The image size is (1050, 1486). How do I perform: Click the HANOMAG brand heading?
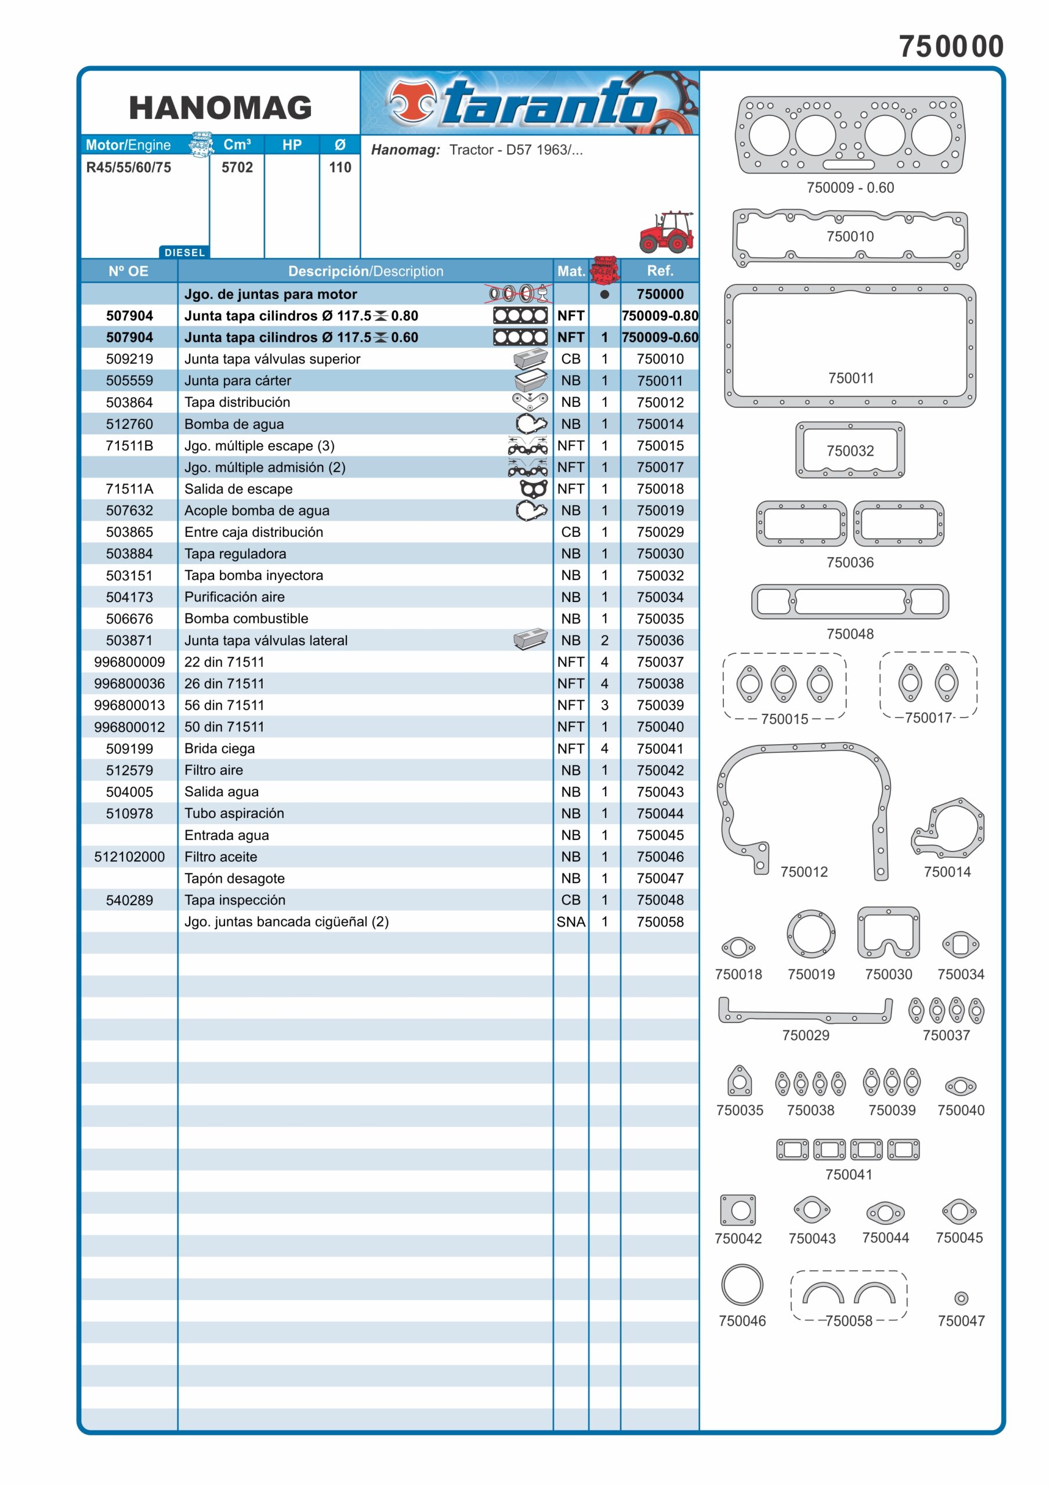click(220, 107)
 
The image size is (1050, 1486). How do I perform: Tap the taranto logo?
click(529, 102)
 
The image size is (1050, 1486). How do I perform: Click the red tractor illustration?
click(666, 231)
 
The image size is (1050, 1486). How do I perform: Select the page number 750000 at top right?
click(950, 46)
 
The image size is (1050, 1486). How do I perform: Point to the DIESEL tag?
click(184, 253)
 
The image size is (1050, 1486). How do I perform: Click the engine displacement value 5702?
click(237, 168)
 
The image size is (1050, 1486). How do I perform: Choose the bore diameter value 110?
click(339, 168)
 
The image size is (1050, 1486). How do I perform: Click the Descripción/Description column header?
click(365, 271)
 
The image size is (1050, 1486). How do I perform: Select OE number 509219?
click(129, 359)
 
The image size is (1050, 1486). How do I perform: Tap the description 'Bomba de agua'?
click(234, 424)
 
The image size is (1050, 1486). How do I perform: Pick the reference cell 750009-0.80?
click(660, 316)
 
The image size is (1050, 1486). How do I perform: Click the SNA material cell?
click(571, 922)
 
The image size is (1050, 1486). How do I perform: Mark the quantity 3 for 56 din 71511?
click(604, 705)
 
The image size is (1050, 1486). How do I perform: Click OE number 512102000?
click(129, 857)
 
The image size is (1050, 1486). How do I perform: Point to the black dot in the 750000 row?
click(604, 294)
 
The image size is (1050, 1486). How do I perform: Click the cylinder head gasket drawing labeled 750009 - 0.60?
click(849, 135)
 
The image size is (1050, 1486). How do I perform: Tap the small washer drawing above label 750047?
click(961, 1299)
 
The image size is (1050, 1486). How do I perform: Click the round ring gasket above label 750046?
click(742, 1285)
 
